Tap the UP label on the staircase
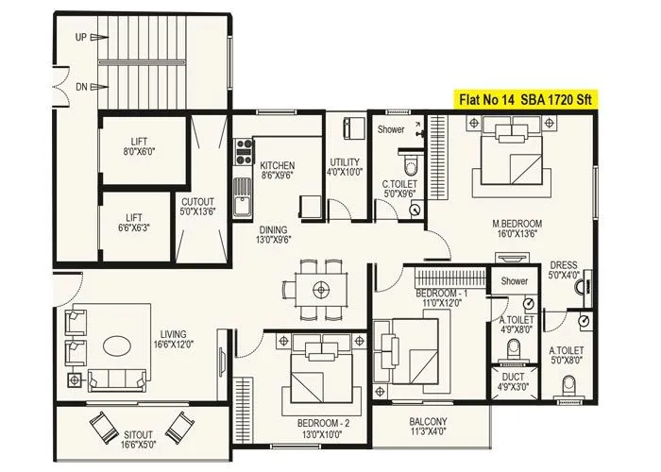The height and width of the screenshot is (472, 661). pyautogui.click(x=82, y=38)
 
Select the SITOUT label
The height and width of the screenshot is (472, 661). pyautogui.click(x=139, y=442)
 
